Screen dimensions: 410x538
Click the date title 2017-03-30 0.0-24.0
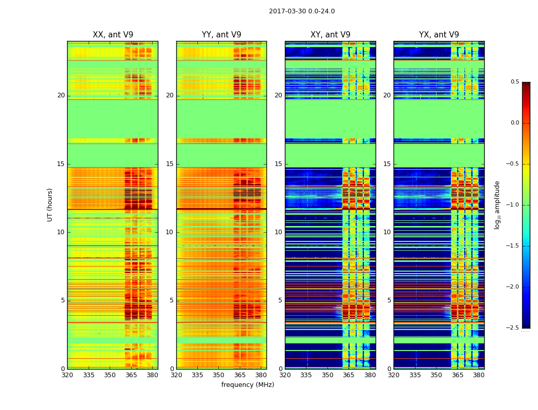click(x=302, y=11)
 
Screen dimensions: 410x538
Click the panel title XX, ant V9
click(x=113, y=35)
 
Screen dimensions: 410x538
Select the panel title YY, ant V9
click(x=221, y=35)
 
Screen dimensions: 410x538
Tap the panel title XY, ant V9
click(x=330, y=35)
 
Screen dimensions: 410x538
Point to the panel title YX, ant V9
click(x=439, y=35)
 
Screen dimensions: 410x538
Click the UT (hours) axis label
click(x=50, y=204)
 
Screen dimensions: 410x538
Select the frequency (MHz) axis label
click(x=247, y=385)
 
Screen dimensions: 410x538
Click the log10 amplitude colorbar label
click(x=497, y=204)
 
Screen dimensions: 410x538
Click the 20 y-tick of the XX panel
click(x=61, y=95)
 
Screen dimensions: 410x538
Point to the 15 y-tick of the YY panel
click(x=170, y=164)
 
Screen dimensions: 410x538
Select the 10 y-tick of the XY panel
click(x=279, y=232)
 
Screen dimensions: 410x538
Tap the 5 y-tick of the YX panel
click(x=389, y=300)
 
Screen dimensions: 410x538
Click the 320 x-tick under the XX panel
click(x=67, y=375)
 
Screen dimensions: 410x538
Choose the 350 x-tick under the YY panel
click(x=219, y=375)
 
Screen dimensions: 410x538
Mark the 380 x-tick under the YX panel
click(x=479, y=375)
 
